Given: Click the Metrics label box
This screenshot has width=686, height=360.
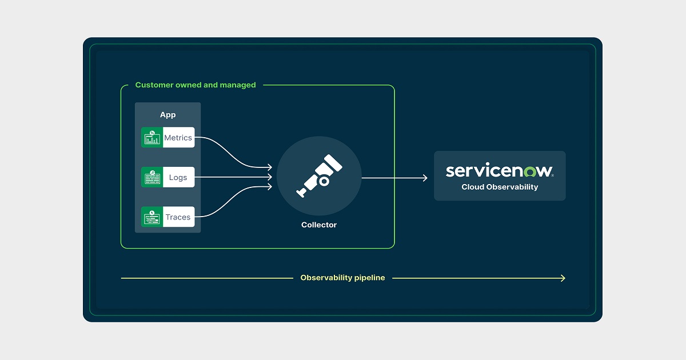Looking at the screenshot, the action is (179, 138).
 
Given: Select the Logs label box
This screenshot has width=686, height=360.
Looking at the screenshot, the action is (179, 177).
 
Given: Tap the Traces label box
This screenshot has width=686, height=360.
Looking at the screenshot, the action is (179, 217).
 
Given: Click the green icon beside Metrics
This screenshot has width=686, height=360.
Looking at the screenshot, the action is (152, 138).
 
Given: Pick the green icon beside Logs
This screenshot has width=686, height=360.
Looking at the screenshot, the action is (152, 177).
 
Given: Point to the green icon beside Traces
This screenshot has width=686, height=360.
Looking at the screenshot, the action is (152, 217).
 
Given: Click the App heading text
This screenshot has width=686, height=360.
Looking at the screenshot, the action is (168, 115).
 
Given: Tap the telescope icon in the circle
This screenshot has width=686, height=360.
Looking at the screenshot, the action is (319, 176).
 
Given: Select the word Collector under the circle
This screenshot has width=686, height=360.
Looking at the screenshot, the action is (319, 225).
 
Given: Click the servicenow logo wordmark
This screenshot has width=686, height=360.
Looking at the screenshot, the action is (500, 170).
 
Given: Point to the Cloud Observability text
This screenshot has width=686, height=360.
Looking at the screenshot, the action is (500, 187).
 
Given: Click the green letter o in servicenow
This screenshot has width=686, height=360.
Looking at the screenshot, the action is (530, 172).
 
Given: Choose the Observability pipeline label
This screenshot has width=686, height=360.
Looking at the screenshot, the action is (342, 278).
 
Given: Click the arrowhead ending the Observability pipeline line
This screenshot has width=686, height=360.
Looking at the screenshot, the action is (564, 278).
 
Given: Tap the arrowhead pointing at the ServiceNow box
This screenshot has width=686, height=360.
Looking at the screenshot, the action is (425, 178).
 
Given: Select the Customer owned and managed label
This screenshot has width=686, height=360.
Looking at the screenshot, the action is (196, 85).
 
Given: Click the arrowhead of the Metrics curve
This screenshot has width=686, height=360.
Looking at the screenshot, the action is (270, 167).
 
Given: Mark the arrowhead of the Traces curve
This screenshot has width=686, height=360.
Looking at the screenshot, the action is (270, 187).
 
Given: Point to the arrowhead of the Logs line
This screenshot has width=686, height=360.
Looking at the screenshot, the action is (270, 177).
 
